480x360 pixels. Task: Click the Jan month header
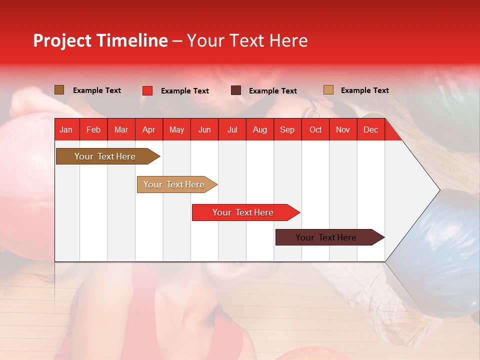[x=66, y=129]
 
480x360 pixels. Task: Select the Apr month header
[x=149, y=129]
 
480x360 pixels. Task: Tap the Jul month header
[x=232, y=129]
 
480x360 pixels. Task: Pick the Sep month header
[x=287, y=129]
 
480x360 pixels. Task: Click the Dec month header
[x=370, y=129]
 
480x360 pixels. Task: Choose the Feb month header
[x=93, y=129]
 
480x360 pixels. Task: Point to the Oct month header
[x=315, y=129]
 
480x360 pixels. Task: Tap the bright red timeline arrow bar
[x=243, y=212]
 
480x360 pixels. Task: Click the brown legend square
[x=59, y=90]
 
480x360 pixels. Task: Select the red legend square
[x=147, y=90]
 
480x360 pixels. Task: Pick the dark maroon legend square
[x=236, y=90]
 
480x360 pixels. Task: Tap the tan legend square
[x=328, y=90]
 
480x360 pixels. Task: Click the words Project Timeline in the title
[x=100, y=40]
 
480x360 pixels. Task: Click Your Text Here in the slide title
[x=247, y=40]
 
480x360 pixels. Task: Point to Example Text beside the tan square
[x=364, y=90]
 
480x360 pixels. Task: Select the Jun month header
[x=204, y=129]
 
